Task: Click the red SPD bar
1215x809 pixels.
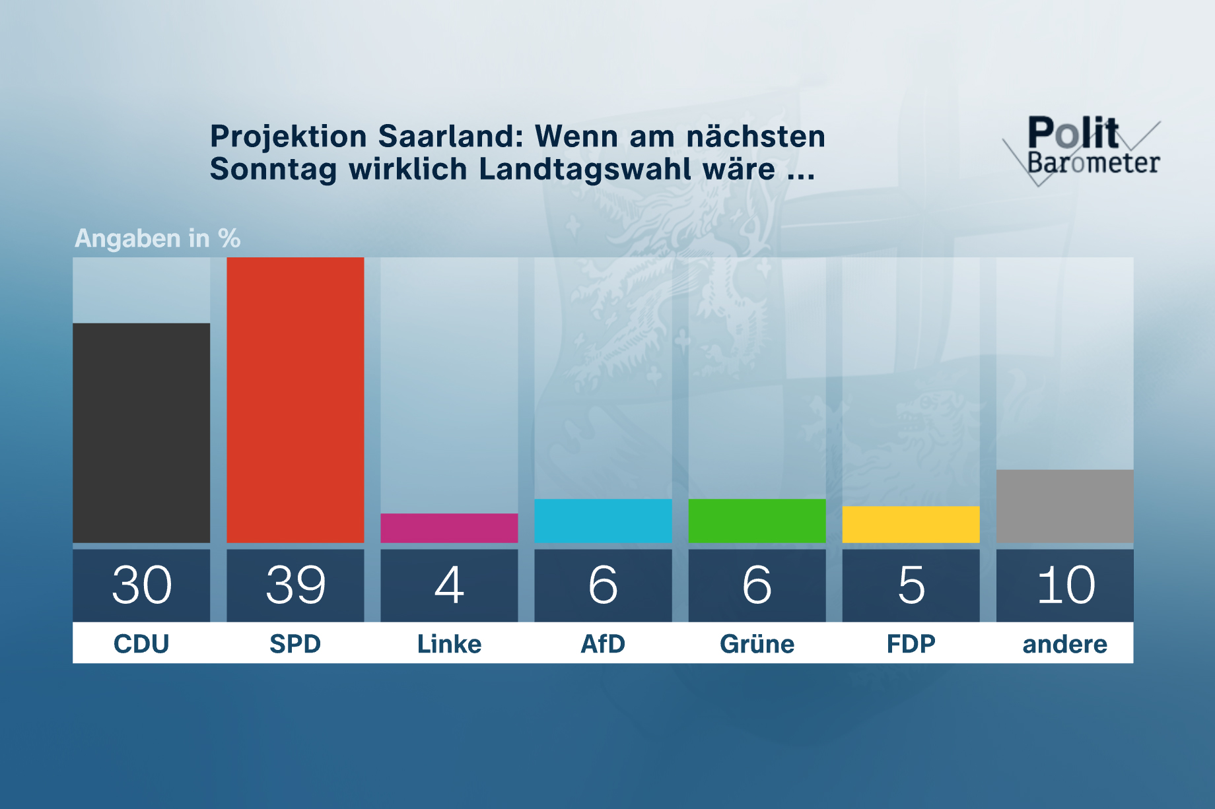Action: (x=295, y=400)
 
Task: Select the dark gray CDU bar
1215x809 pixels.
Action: (x=141, y=433)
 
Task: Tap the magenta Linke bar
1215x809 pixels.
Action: (x=449, y=528)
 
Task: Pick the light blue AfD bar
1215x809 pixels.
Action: (x=603, y=521)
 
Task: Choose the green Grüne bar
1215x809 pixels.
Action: (x=757, y=521)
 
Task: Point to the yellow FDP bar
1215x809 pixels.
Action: (x=911, y=525)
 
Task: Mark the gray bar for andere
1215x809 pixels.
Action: (x=1064, y=506)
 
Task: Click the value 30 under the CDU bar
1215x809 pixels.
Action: (x=141, y=585)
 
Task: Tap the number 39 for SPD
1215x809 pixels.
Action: (x=295, y=585)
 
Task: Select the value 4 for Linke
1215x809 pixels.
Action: (x=449, y=585)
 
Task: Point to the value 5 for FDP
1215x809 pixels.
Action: (x=911, y=585)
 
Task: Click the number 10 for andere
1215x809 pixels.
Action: (x=1064, y=585)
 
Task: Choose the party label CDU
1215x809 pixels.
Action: (x=141, y=643)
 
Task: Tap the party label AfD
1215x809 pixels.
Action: (x=603, y=643)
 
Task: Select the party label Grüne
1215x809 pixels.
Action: (x=757, y=643)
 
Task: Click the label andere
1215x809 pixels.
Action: (x=1064, y=643)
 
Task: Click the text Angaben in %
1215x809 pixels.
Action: (x=157, y=238)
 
